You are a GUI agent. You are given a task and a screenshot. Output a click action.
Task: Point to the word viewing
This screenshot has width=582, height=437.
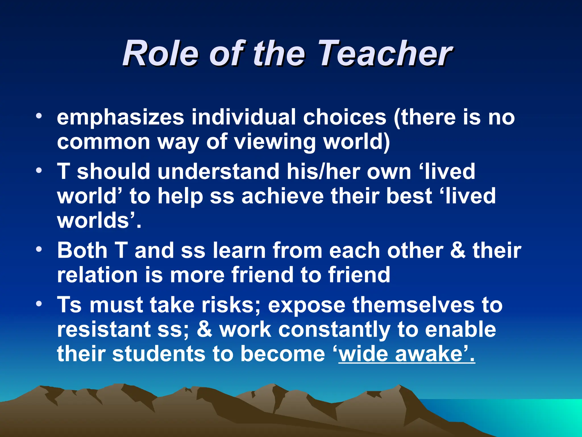tap(275, 142)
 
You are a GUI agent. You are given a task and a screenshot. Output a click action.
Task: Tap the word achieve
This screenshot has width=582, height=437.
tap(282, 196)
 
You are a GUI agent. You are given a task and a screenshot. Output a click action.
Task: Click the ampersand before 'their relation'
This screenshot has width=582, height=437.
tap(458, 250)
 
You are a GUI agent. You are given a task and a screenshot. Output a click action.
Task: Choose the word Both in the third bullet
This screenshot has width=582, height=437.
tap(82, 250)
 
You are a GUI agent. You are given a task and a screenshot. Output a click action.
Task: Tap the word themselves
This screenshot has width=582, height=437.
tap(413, 305)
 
